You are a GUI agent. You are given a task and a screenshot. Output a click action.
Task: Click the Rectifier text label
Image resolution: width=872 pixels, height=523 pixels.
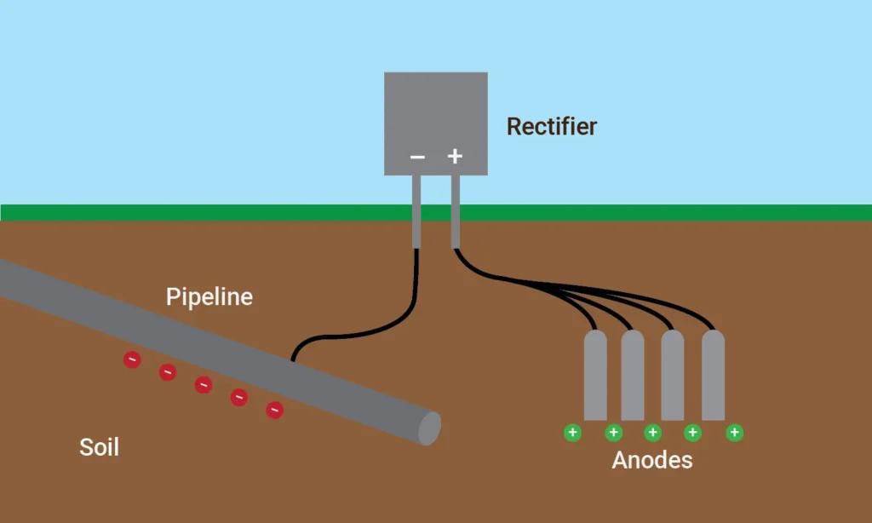(x=551, y=127)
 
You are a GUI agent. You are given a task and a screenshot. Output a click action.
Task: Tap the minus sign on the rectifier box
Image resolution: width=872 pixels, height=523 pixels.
(x=417, y=157)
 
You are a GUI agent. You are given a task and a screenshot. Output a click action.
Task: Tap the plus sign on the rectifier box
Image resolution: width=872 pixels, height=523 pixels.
(x=455, y=156)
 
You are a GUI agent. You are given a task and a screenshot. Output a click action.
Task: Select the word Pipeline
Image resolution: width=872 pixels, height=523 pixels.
(x=209, y=297)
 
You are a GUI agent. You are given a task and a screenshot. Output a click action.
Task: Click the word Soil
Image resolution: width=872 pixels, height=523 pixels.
(x=99, y=446)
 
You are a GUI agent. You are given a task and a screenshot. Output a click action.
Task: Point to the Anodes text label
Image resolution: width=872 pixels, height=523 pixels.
(x=651, y=461)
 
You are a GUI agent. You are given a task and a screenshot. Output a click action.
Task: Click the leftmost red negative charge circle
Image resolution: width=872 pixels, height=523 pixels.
(x=132, y=360)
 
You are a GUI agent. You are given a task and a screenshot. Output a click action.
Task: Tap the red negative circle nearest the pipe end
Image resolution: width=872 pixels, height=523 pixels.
(x=274, y=411)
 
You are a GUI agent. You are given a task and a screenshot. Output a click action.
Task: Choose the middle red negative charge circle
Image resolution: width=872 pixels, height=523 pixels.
(x=203, y=385)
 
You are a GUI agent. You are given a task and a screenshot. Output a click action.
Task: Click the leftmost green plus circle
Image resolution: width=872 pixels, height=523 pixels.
(x=572, y=433)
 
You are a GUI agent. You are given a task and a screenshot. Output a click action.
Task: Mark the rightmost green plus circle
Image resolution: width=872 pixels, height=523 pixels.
(x=734, y=433)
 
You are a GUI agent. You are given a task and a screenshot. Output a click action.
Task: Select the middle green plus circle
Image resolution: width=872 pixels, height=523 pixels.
(x=653, y=433)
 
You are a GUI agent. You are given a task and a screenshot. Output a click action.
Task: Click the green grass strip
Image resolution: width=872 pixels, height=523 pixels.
(x=170, y=212)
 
